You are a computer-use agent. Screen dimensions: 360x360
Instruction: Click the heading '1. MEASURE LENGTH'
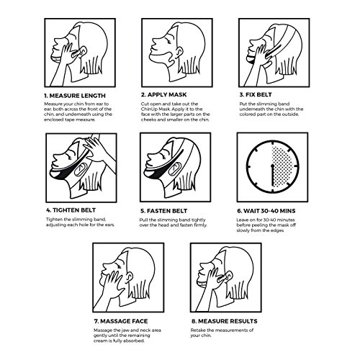click(x=75, y=96)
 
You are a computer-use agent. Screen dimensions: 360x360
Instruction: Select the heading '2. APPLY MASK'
click(x=163, y=94)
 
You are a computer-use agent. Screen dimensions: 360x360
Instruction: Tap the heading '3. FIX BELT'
click(x=256, y=94)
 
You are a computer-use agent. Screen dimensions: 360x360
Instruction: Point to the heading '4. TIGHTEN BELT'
click(x=71, y=210)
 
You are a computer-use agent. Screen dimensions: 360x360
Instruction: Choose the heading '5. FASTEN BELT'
click(x=164, y=211)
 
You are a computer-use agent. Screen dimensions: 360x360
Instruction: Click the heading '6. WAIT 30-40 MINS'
click(x=266, y=211)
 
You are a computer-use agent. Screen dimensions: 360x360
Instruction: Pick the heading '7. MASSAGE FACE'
click(x=121, y=321)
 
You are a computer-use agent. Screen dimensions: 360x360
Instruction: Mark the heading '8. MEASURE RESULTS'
click(x=225, y=321)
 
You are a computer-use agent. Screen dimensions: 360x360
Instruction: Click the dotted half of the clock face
click(x=283, y=166)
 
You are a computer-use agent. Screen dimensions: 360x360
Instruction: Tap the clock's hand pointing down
click(x=273, y=175)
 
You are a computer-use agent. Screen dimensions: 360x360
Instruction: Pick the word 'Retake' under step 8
click(x=198, y=330)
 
